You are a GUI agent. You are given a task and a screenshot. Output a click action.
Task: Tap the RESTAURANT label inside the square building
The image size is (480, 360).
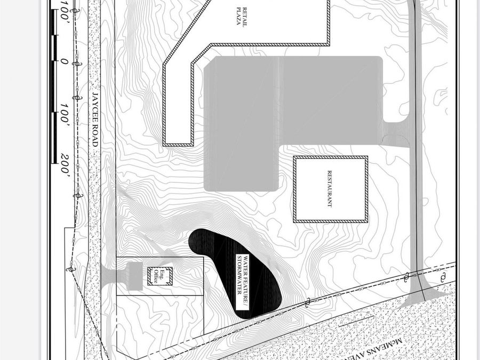tap(330, 189)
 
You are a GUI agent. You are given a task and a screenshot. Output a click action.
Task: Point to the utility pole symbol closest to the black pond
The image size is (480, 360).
tap(307, 303)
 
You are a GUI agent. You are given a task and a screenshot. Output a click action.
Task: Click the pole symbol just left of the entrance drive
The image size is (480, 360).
tap(407, 276)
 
